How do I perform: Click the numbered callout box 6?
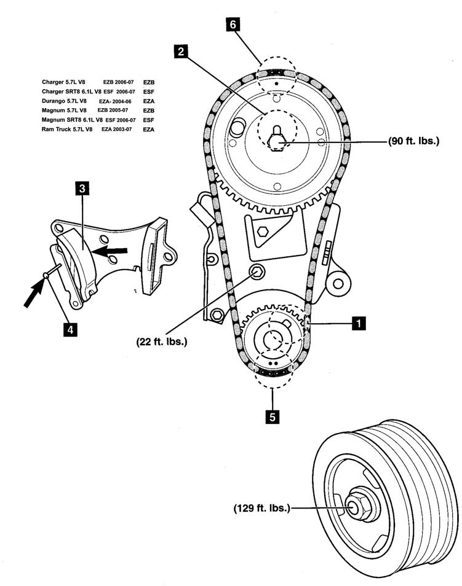coord(233,25)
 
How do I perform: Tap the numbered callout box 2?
coord(181,51)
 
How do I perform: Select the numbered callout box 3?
coord(82,189)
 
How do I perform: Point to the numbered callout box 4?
coord(70,330)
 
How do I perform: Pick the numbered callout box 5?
coord(272,416)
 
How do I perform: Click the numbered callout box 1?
coord(359,323)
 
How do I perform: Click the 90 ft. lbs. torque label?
coord(413,141)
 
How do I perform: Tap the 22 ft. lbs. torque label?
coord(162,341)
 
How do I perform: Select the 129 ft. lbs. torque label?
coord(261,508)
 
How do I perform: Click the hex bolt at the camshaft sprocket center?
coord(277,143)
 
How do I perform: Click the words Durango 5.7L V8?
coord(64,101)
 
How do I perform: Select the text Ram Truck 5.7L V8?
coord(67,130)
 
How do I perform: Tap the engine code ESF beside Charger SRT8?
coord(149,92)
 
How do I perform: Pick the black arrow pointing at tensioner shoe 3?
coord(110,251)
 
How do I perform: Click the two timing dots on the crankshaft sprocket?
coord(274,363)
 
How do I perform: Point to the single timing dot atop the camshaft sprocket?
coord(276,84)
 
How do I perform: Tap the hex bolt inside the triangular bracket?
coord(263,232)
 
